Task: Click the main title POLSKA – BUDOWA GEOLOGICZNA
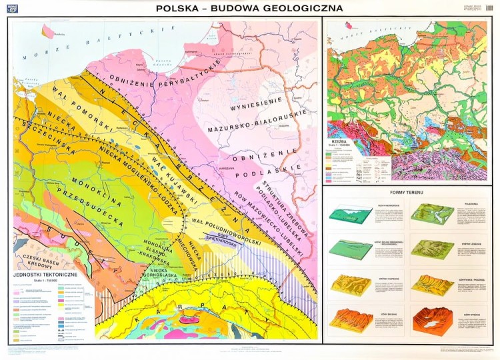tap(249, 9)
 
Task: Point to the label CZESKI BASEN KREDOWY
tap(39, 261)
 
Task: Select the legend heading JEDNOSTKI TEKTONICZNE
tap(51, 275)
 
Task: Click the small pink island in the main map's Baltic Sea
tap(48, 31)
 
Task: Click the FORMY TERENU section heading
tap(409, 193)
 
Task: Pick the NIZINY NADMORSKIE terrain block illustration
tap(351, 215)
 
